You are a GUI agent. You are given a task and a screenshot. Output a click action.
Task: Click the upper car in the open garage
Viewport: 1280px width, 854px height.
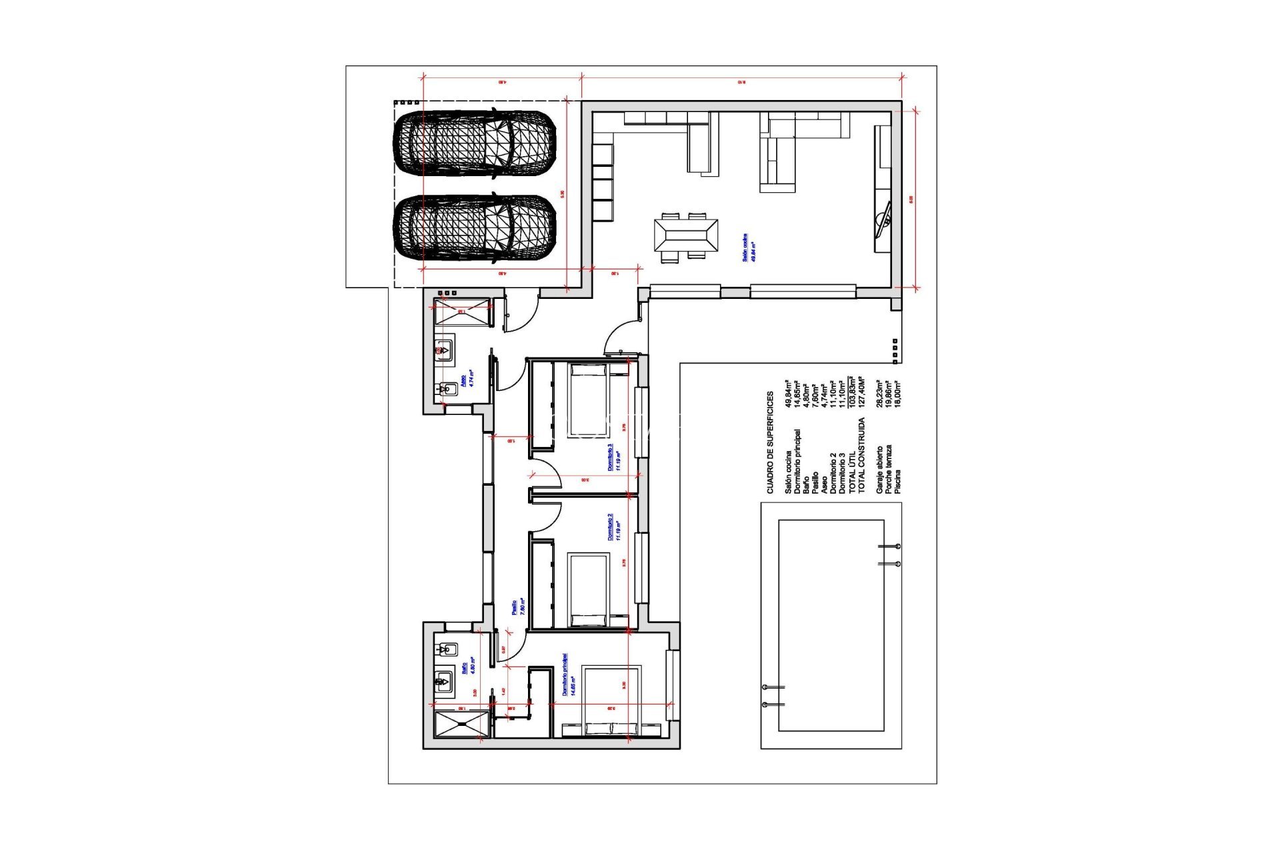(x=475, y=145)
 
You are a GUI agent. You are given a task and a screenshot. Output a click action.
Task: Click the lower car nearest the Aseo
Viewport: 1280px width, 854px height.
(x=475, y=228)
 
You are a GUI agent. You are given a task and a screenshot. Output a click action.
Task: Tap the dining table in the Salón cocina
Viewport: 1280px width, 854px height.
(x=686, y=236)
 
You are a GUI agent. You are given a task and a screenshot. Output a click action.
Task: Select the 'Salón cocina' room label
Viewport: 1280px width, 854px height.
(x=745, y=248)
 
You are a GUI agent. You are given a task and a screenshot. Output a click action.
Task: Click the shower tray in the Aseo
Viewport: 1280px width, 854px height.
(x=462, y=312)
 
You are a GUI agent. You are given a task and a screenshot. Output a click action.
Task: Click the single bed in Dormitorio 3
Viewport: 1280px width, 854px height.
(x=589, y=400)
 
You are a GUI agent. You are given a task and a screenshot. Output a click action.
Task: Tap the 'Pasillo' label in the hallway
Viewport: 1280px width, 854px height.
(x=514, y=606)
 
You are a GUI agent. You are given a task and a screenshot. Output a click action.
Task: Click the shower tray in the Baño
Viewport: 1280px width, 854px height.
(x=461, y=724)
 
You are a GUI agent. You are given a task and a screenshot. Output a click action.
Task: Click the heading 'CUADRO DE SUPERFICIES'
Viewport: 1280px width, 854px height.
(x=770, y=443)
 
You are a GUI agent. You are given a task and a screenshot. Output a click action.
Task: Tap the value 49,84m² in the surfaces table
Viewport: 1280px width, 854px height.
(x=789, y=394)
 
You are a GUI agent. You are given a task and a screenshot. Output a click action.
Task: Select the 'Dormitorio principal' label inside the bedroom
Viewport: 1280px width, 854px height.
(x=565, y=675)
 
